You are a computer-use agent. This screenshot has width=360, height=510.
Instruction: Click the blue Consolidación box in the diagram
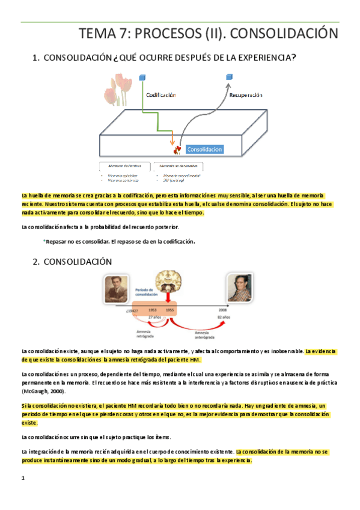[204, 149]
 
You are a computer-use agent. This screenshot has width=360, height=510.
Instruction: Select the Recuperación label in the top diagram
[246, 95]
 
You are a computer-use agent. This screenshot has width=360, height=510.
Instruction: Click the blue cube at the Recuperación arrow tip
[229, 77]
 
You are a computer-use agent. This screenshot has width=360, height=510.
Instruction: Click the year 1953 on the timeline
[153, 309]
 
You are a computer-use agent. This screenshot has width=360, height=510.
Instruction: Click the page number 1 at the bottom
[22, 478]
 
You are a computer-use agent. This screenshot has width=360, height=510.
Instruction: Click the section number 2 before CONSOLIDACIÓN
[35, 262]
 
